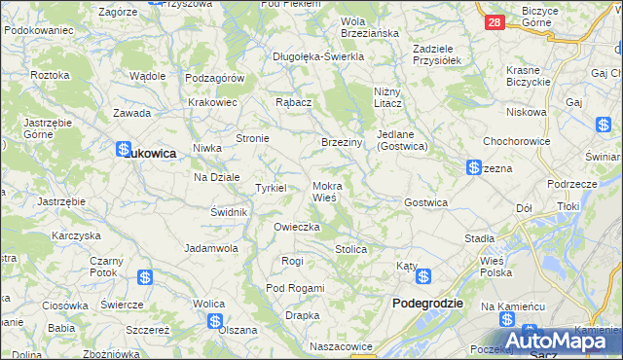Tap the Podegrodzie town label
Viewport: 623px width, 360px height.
427,304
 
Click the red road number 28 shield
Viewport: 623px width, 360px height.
494,21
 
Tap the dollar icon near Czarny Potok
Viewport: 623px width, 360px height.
144,277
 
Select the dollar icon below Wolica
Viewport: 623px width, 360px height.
215,321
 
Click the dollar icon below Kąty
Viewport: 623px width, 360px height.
423,277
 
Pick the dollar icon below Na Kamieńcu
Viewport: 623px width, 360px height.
506,320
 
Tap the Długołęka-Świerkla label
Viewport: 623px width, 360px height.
318,56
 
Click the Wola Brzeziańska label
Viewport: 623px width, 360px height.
370,27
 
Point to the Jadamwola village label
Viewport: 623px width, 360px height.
212,248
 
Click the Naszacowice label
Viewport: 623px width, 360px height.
341,346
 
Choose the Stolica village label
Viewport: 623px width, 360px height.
351,249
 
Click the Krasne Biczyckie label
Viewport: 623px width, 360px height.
531,77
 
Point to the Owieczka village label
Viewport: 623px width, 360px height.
297,227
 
